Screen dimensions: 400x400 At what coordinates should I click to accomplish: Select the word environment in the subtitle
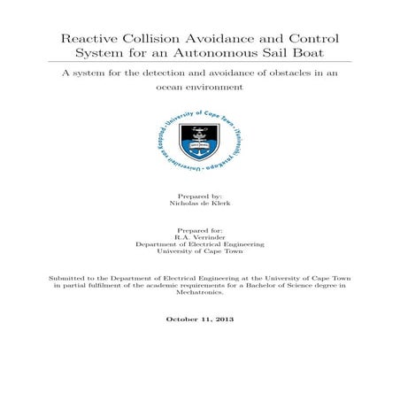tap(218, 88)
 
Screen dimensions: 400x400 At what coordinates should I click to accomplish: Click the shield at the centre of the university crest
tap(199, 138)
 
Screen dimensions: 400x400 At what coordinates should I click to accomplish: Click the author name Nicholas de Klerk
tap(199, 203)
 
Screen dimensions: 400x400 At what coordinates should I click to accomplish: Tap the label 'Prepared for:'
tap(199, 228)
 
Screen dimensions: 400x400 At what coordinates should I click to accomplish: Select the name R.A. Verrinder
tap(199, 236)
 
